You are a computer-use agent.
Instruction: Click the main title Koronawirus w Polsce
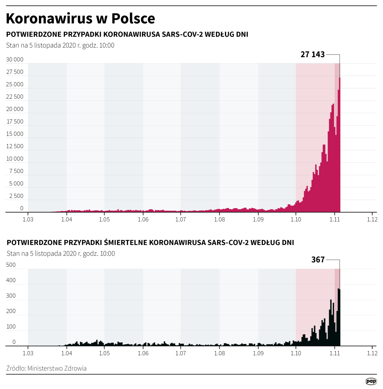pos(80,19)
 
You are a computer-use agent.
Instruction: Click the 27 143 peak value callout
pos(312,55)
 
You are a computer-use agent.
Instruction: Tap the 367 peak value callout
pos(318,260)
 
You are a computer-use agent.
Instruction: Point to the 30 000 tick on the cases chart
pos(15,60)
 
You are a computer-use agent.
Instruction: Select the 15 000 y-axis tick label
pos(15,134)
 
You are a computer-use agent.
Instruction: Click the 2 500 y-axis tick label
pos(16,196)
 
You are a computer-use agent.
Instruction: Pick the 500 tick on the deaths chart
pos(11,265)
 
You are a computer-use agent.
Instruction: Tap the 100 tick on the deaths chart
pos(11,327)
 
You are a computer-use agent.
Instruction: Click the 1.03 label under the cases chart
pos(28,220)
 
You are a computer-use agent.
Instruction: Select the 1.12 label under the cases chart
pos(372,220)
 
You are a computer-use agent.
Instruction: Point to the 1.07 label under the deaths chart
pos(180,354)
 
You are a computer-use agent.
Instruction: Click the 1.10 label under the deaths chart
pos(296,354)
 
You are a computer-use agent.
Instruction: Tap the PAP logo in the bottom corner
pos(371,381)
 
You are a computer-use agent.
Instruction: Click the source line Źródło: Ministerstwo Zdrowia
pos(46,368)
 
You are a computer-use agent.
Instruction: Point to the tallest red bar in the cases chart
pos(339,146)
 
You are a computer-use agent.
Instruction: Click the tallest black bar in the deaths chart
pos(339,317)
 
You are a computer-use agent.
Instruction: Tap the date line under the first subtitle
pos(60,45)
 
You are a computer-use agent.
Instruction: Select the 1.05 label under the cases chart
pos(104,220)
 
